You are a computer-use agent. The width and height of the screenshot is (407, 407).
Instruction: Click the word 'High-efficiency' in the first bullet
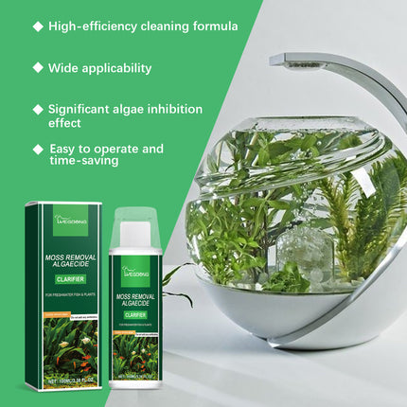[92, 26]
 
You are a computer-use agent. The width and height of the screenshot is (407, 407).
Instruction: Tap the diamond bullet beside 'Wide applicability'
[38, 68]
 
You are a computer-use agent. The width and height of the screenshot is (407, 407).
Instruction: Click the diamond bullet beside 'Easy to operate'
[38, 149]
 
